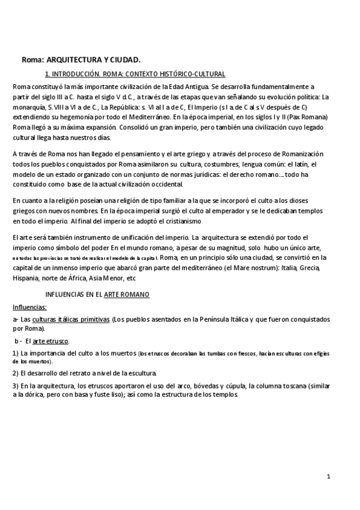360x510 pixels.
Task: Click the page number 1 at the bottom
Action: (x=329, y=477)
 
